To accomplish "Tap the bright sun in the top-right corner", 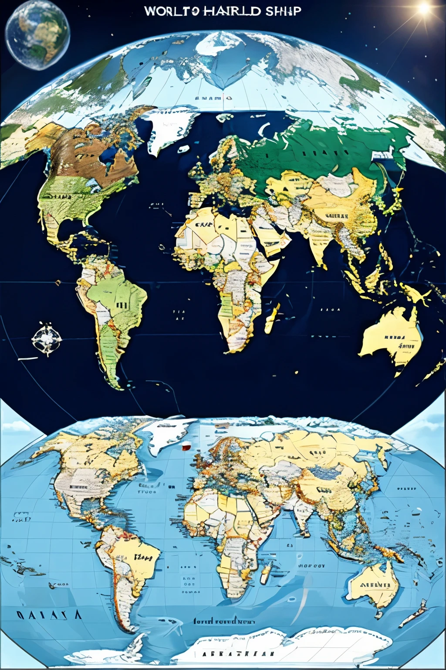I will point(423,9).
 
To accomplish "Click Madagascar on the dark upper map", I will point(273,318).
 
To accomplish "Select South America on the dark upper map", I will point(113,305).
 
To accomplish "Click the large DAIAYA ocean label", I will point(49,615).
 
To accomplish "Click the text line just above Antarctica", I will point(224,621).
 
